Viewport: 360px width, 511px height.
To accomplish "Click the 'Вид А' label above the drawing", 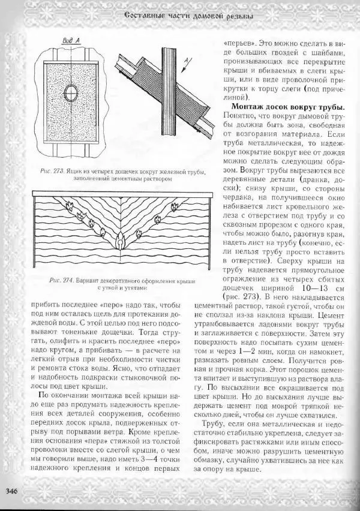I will coord(73,41).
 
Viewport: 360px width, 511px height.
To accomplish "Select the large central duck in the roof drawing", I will coord(119,241).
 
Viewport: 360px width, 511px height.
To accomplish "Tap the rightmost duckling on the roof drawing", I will coord(175,207).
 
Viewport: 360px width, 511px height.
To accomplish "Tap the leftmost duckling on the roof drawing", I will coord(69,208).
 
